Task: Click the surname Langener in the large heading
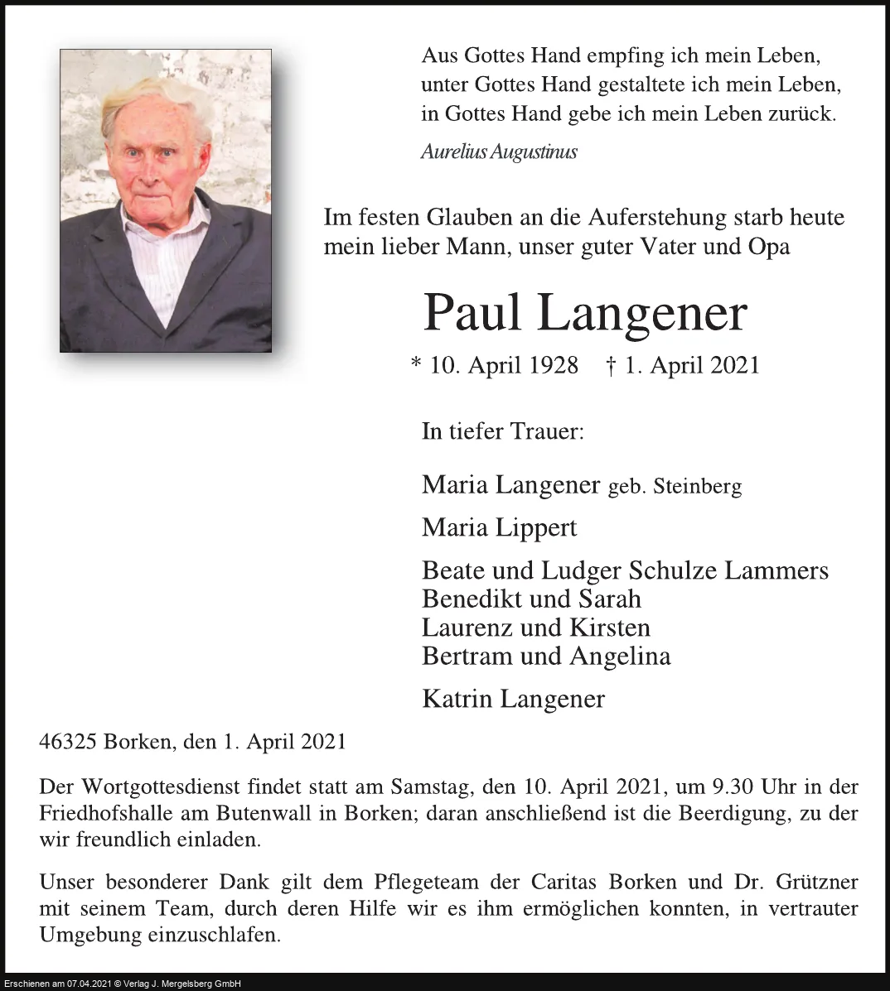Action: point(641,314)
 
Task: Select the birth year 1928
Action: point(552,365)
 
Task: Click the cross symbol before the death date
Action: point(612,366)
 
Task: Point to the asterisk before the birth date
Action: point(416,364)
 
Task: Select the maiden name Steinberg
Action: point(697,486)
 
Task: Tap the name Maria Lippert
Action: point(499,527)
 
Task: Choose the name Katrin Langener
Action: point(513,699)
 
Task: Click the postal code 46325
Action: point(68,742)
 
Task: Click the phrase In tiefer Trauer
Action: point(502,431)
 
